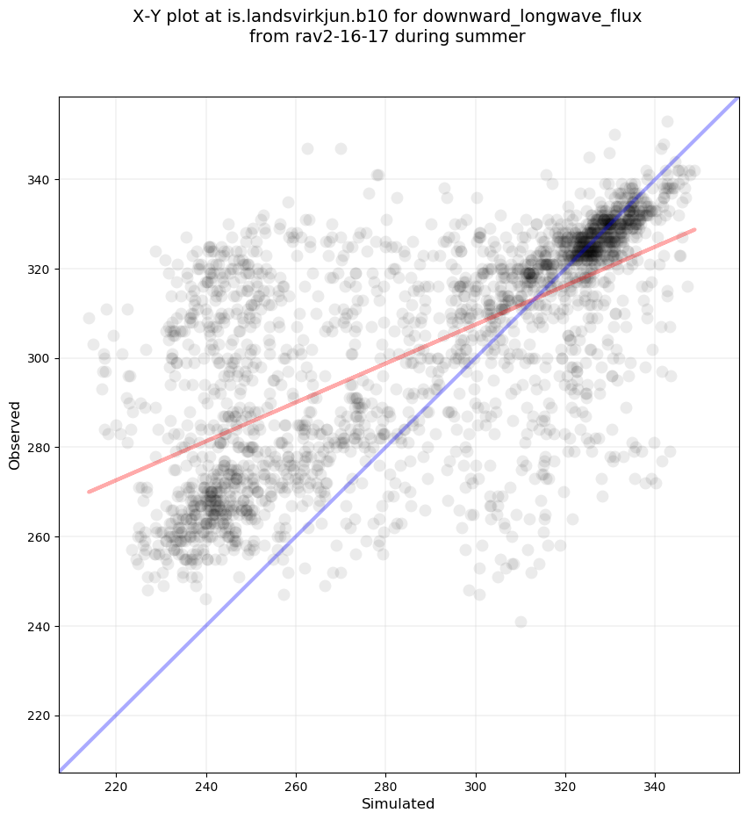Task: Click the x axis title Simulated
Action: coord(399,803)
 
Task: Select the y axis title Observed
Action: coord(15,435)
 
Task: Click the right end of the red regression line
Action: coord(695,229)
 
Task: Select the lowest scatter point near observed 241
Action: coord(521,622)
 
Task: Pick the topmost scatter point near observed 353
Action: coord(667,121)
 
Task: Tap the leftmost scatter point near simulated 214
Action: coord(89,318)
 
